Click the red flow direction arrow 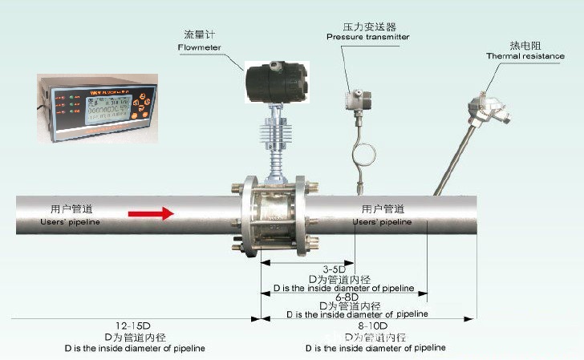[x=150, y=213]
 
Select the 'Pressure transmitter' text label [x=367, y=37]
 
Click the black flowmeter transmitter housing [x=274, y=79]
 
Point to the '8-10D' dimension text [x=372, y=326]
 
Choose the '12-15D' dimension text [x=133, y=326]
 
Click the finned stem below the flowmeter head [x=274, y=140]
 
